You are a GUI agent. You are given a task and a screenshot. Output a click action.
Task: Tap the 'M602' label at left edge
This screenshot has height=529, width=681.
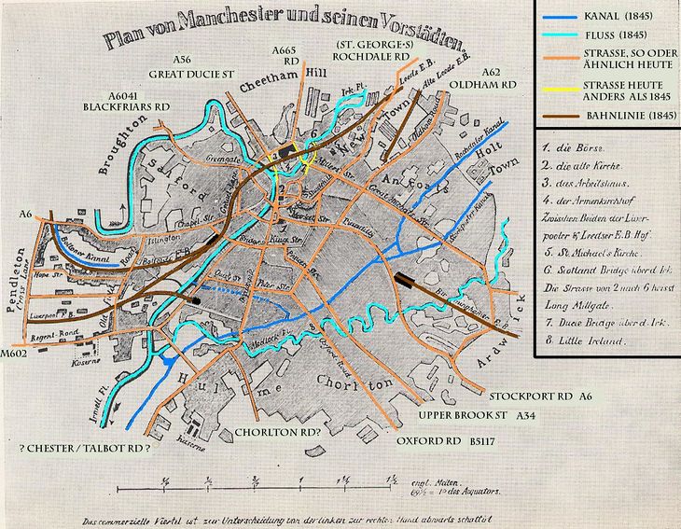coord(17,355)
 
